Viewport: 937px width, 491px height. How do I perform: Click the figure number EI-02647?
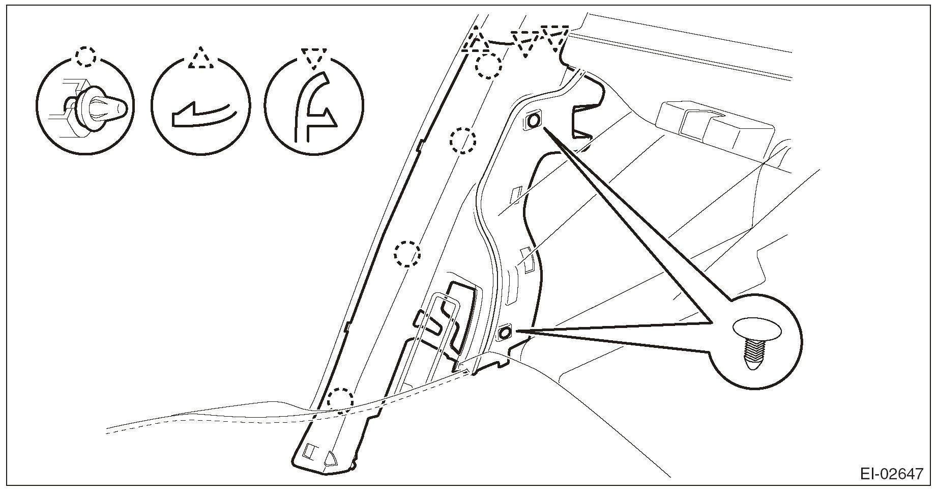point(891,474)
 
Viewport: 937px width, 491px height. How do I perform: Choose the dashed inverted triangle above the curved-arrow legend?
point(313,58)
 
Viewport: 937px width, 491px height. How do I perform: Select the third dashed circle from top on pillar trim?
point(408,253)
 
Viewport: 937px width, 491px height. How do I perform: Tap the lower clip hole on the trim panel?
point(505,333)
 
